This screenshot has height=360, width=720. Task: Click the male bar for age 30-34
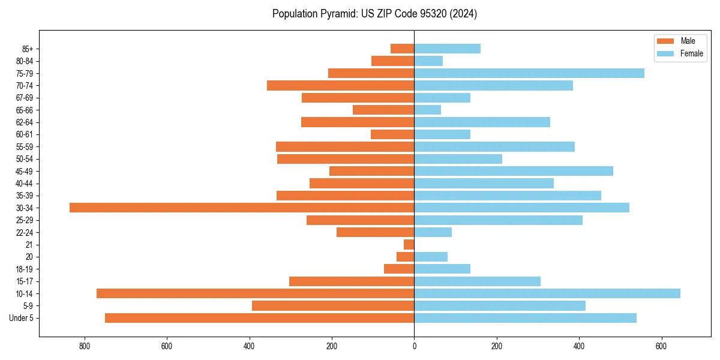point(242,208)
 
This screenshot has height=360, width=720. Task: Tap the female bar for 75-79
point(529,73)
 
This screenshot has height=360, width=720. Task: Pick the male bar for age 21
point(409,244)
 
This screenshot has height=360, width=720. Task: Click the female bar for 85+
point(447,49)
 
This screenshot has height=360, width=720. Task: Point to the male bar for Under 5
point(259,318)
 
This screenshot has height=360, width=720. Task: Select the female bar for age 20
point(431,257)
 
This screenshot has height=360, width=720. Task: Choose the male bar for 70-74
point(340,85)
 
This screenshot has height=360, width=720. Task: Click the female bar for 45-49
point(514,171)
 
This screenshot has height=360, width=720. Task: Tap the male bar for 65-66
point(383,110)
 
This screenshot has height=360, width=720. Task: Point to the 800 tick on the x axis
point(84,346)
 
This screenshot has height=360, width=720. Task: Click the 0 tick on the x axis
point(414,346)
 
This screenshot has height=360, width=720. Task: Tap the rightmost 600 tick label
point(661,346)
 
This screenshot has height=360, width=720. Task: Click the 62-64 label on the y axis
point(25,122)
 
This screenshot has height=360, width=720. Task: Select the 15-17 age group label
point(25,281)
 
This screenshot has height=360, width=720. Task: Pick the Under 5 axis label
point(22,318)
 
